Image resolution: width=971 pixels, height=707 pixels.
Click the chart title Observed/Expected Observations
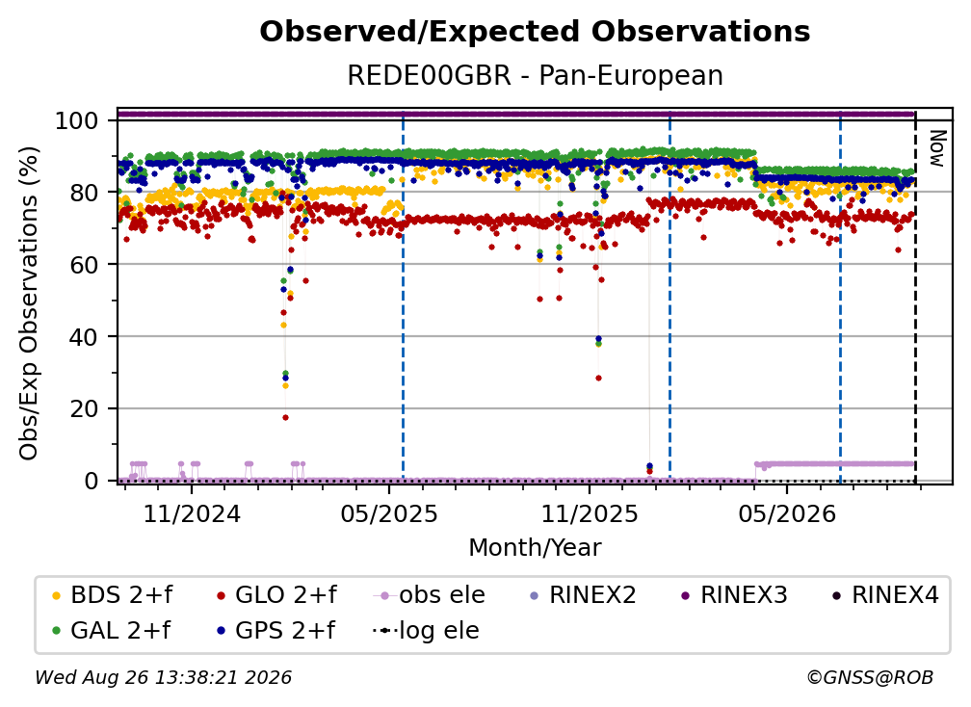pyautogui.click(x=535, y=32)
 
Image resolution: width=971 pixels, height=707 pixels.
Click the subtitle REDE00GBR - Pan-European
pyautogui.click(x=535, y=75)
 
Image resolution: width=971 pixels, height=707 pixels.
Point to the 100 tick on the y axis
pyautogui.click(x=77, y=120)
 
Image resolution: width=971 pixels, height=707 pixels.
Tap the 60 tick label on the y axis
pyautogui.click(x=84, y=264)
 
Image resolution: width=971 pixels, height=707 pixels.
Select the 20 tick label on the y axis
pyautogui.click(x=84, y=408)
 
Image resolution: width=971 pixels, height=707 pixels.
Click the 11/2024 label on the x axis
pyautogui.click(x=192, y=513)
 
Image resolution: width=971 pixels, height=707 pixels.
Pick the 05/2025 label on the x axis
pyautogui.click(x=389, y=513)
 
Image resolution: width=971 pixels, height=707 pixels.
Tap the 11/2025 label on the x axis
pyautogui.click(x=590, y=513)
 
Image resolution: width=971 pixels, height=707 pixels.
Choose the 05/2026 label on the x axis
pyautogui.click(x=787, y=513)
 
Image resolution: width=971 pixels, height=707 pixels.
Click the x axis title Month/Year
pyautogui.click(x=535, y=547)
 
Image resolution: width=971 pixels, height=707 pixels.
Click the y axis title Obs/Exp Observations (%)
pyautogui.click(x=29, y=303)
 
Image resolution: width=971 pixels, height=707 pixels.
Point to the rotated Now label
pyautogui.click(x=937, y=148)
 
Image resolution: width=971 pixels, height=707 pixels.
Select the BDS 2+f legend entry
pyautogui.click(x=112, y=595)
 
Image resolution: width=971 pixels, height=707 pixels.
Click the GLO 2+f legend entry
pyautogui.click(x=276, y=595)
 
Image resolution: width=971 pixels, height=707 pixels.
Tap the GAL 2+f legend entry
pyautogui.click(x=111, y=630)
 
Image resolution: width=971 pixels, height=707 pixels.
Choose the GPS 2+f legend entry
pyautogui.click(x=276, y=630)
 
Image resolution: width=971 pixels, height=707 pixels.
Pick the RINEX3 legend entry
pyautogui.click(x=734, y=595)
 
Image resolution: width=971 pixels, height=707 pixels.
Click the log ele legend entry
pyautogui.click(x=426, y=630)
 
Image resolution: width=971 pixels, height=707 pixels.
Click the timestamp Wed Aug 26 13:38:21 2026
pyautogui.click(x=164, y=677)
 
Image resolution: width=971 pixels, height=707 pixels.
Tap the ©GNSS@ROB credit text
pyautogui.click(x=870, y=677)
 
